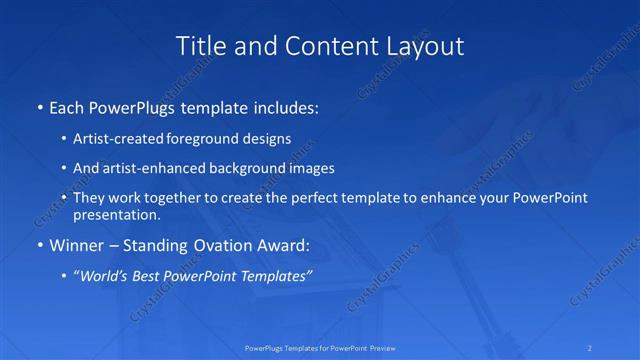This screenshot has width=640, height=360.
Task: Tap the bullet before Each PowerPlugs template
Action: coord(38,105)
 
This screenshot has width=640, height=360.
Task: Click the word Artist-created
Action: coord(123,139)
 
